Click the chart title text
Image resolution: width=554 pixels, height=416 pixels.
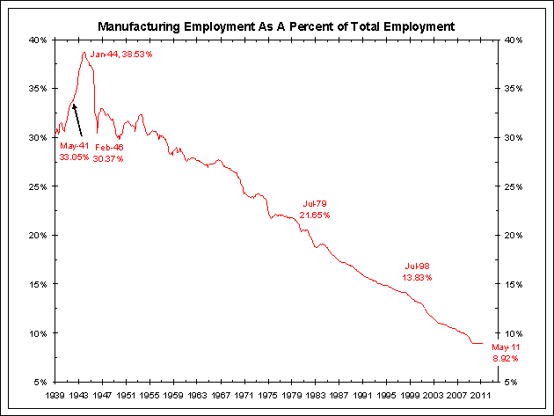pyautogui.click(x=277, y=26)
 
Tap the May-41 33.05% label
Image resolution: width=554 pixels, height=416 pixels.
pyautogui.click(x=74, y=151)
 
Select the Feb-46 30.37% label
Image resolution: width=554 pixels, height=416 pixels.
pyautogui.click(x=109, y=154)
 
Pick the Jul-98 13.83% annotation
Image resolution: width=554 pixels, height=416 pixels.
pyautogui.click(x=418, y=272)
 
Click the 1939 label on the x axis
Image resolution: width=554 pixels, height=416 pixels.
pyautogui.click(x=55, y=397)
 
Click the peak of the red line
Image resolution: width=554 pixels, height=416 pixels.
pyautogui.click(x=84, y=52)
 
